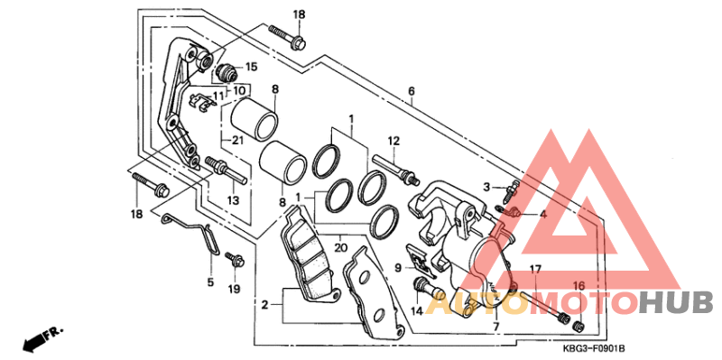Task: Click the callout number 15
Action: point(251,67)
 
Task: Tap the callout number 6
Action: point(412,91)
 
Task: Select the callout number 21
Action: point(237,141)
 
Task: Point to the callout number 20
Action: point(340,248)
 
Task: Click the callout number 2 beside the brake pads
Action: point(264,304)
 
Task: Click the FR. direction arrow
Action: point(42,339)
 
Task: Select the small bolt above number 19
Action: point(235,261)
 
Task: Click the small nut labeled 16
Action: point(579,326)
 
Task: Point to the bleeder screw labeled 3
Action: point(512,190)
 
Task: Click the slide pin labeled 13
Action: point(227,171)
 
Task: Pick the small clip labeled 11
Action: point(202,101)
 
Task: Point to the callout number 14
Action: point(416,311)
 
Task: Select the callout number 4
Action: point(543,214)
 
